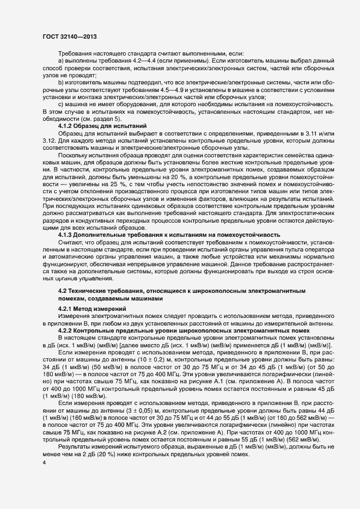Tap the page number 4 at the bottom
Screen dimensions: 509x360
pos(45,463)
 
